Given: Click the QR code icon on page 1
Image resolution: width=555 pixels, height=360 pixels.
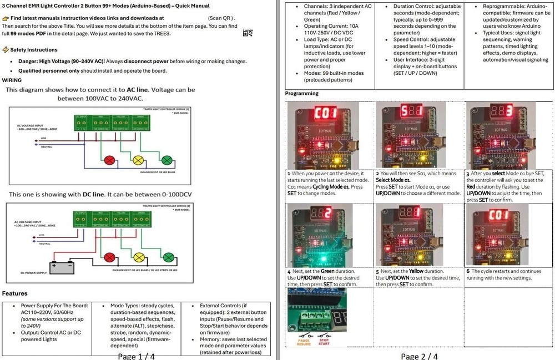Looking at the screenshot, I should click(248, 33).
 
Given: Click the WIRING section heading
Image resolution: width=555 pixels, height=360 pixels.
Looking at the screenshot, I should click(12, 80).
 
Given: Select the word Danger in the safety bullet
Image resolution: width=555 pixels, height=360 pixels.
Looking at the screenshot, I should click(31, 61).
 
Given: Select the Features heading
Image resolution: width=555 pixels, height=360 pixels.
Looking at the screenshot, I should click(15, 293).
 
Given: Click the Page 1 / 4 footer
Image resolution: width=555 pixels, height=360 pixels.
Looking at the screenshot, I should click(137, 356).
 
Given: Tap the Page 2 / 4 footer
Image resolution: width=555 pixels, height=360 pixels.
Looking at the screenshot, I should click(418, 356).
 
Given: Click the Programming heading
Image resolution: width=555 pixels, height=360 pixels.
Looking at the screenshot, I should click(302, 93).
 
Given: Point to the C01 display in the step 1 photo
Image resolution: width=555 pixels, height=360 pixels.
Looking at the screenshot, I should click(326, 114).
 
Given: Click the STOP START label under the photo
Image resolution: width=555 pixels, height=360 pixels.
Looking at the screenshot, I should click(324, 342).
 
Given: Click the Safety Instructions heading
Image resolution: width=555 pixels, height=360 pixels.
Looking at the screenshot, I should click(33, 50).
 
